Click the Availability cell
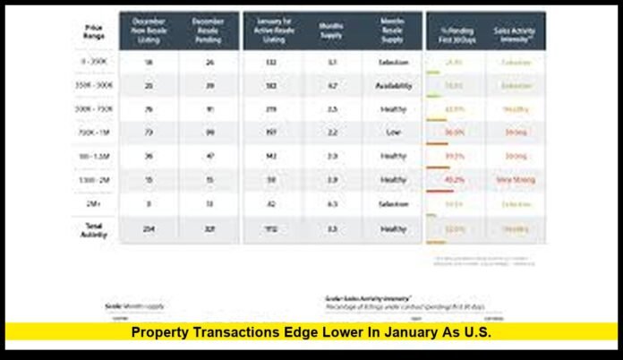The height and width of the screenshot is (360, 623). tap(392, 86)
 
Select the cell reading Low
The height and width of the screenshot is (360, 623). tap(392, 133)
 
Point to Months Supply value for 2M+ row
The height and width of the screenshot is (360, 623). tap(331, 203)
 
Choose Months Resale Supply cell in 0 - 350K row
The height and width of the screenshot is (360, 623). tap(392, 63)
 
